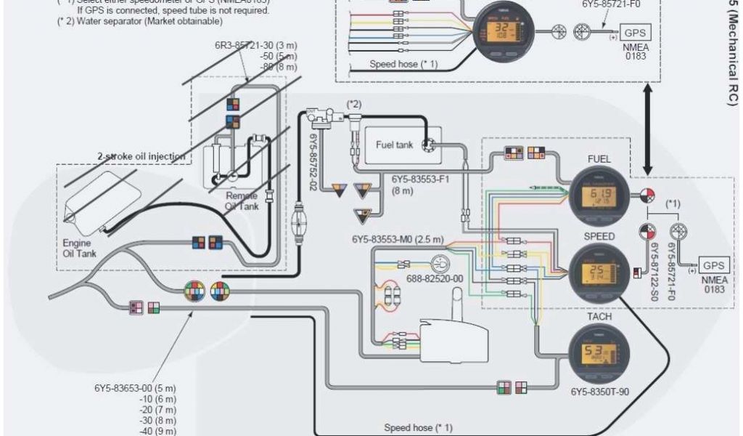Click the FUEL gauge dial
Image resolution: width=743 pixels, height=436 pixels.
click(599, 194)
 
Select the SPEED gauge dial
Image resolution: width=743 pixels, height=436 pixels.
click(599, 272)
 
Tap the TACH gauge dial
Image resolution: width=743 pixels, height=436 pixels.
click(599, 352)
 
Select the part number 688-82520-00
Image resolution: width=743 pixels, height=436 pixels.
click(435, 279)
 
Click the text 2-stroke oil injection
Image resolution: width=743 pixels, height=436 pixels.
click(141, 156)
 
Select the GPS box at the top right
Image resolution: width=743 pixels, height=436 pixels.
click(635, 33)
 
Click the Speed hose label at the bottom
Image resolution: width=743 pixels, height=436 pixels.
click(418, 427)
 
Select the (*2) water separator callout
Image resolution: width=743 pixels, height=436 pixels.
click(354, 105)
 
